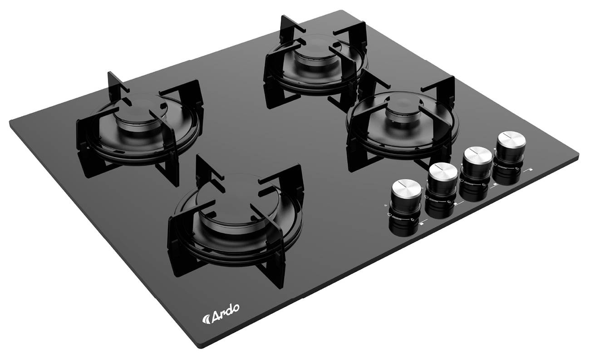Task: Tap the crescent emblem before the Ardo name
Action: pos(206,319)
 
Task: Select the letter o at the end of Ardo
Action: pos(235,307)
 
